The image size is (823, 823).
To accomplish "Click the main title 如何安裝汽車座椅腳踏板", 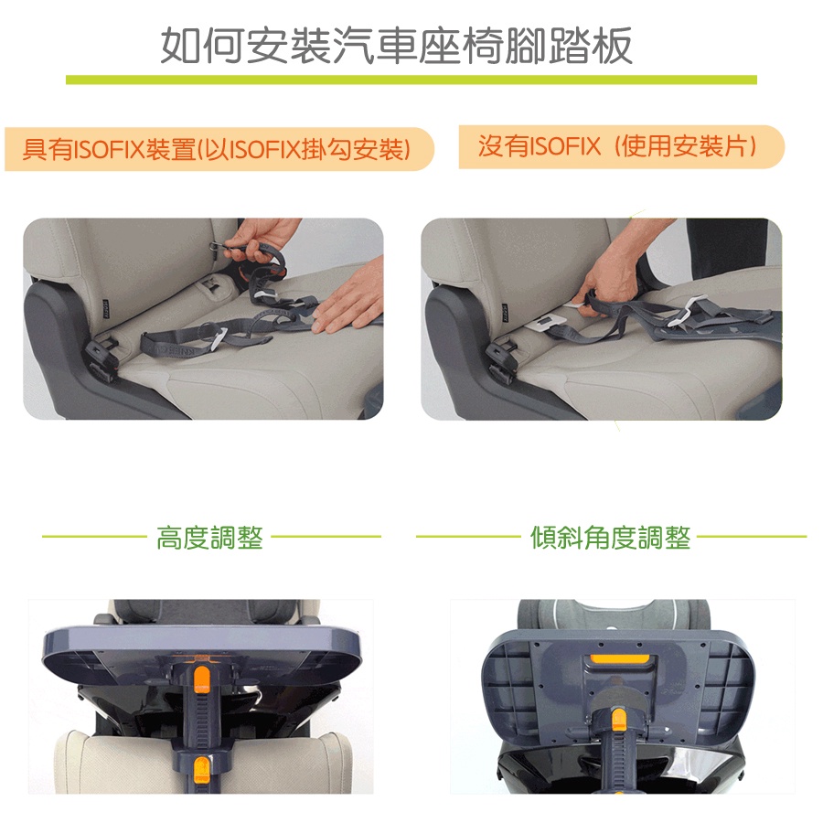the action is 396,46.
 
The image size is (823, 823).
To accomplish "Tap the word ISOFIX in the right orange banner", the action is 565,146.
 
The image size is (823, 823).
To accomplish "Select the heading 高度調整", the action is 209,538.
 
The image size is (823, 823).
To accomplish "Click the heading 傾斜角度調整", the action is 611,538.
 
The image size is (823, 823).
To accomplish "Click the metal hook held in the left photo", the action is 216,246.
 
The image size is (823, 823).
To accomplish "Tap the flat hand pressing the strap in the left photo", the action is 348,300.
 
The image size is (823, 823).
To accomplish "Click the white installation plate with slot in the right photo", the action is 547,322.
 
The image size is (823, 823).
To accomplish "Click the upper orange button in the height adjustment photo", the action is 201,679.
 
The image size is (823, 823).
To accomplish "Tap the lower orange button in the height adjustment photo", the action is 201,769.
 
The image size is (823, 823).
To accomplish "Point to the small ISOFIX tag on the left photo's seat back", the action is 105,310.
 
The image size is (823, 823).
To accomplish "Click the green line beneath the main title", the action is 411,80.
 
